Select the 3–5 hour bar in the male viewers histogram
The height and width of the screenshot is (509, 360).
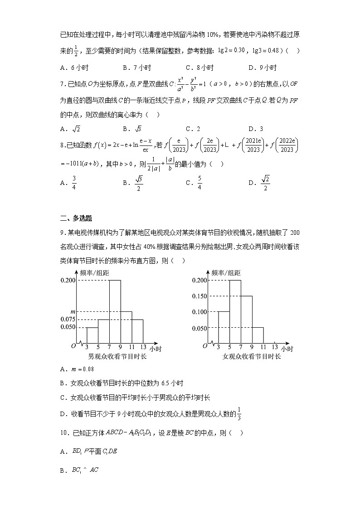pyautogui.click(x=92, y=334)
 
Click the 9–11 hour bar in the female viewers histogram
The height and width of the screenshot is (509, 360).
pyautogui.click(x=258, y=334)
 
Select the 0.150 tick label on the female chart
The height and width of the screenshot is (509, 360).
pyautogui.click(x=199, y=296)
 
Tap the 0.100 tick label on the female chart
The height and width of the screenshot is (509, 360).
pyautogui.click(x=199, y=312)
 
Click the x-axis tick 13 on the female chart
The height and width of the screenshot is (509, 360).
pyautogui.click(x=275, y=347)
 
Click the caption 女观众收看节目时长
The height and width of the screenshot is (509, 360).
pyautogui.click(x=252, y=356)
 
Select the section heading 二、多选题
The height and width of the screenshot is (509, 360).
pyautogui.click(x=76, y=218)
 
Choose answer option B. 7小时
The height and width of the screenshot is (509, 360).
pyautogui.click(x=136, y=68)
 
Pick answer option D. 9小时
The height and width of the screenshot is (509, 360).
pyautogui.click(x=263, y=68)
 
